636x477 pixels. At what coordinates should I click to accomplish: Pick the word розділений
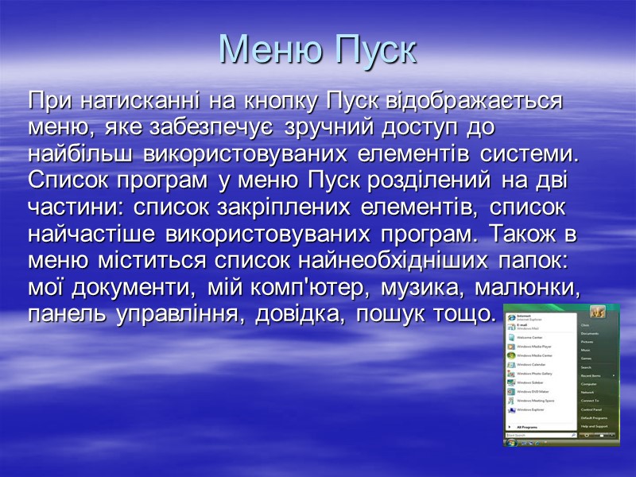click(430, 180)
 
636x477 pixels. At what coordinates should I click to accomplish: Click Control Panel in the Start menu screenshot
click(590, 409)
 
